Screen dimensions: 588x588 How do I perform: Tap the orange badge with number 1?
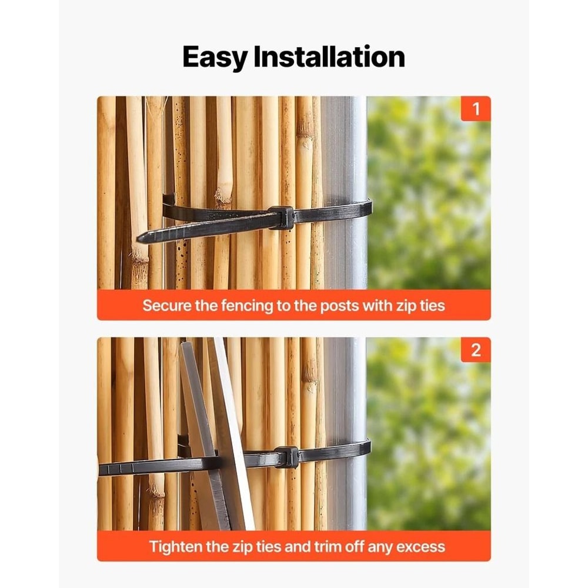[x=476, y=109]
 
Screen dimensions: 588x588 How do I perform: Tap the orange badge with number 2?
[x=476, y=350]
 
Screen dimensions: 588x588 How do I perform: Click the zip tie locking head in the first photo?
[x=282, y=217]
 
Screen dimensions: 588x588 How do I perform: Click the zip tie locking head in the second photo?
[x=287, y=457]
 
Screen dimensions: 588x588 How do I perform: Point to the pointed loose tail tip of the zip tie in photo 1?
[x=141, y=238]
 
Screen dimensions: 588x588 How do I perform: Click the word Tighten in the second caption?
[x=176, y=547]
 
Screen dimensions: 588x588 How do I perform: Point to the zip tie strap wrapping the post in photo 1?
[x=341, y=211]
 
